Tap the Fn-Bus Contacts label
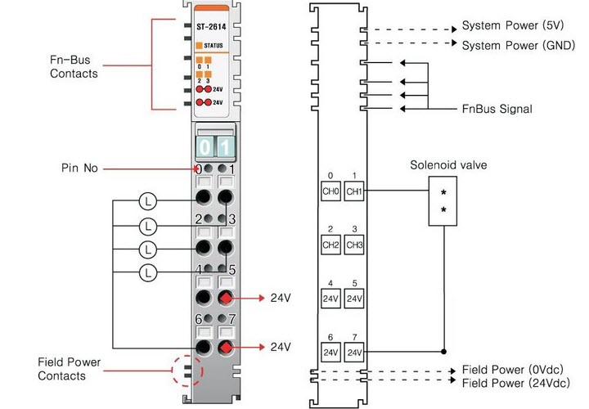pyautogui.click(x=73, y=67)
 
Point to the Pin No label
pyautogui.click(x=79, y=169)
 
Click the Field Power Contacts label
pyautogui.click(x=62, y=369)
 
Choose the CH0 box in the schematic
pyautogui.click(x=330, y=192)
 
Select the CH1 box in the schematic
pyautogui.click(x=353, y=192)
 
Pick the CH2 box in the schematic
pyautogui.click(x=330, y=245)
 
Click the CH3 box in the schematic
pyautogui.click(x=353, y=245)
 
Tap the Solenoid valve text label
pyautogui.click(x=448, y=165)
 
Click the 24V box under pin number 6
pyautogui.click(x=330, y=353)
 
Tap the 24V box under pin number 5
pyautogui.click(x=353, y=299)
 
